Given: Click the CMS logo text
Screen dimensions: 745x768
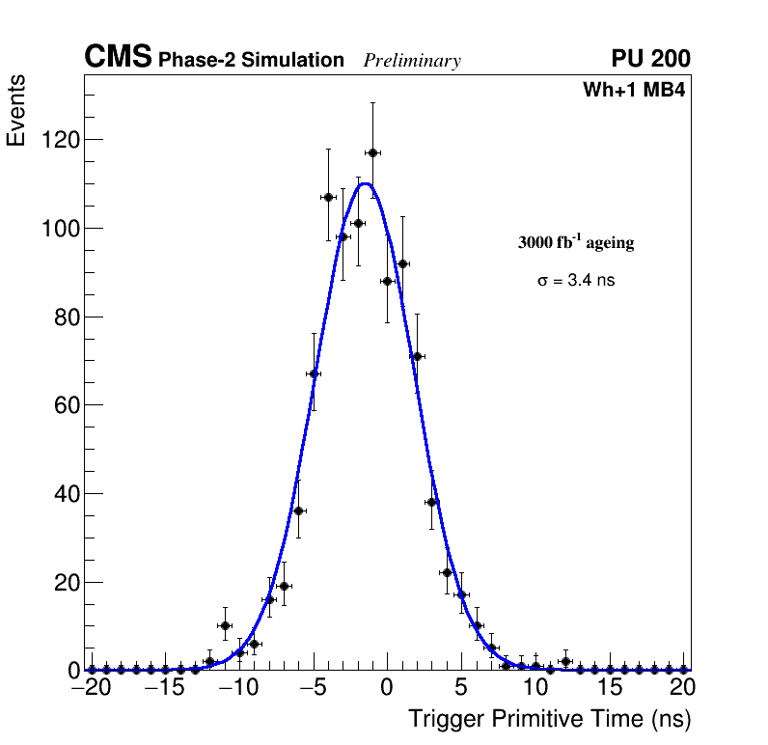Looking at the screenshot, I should click(x=118, y=58).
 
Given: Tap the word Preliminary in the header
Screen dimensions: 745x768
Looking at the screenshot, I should click(x=412, y=61).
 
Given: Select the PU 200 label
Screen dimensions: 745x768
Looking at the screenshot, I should click(x=650, y=59).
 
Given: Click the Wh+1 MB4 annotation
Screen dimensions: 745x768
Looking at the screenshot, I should click(x=634, y=91).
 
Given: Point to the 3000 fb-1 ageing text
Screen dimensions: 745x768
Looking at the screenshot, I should click(x=576, y=242).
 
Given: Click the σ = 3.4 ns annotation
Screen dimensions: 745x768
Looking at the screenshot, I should click(x=576, y=281).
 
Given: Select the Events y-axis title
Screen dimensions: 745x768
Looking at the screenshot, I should click(x=16, y=110).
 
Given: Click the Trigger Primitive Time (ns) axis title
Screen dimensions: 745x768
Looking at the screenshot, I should click(x=550, y=719).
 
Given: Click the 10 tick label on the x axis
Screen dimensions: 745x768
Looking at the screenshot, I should click(x=535, y=689).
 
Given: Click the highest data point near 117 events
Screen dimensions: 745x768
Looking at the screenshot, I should click(x=372, y=152).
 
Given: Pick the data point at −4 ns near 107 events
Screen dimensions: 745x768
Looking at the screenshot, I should click(x=328, y=197).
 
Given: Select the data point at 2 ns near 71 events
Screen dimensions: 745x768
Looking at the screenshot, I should click(x=417, y=356).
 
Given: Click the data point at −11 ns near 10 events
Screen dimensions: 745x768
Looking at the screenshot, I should click(x=225, y=625).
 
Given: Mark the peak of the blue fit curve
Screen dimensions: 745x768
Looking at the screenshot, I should click(x=366, y=183).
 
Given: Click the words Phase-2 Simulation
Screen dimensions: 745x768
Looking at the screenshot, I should click(x=251, y=61).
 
